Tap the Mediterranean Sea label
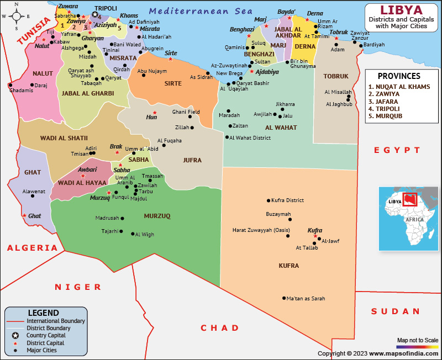[201, 10]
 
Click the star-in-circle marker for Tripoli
[94, 15]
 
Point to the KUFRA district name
[288, 266]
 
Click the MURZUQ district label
[157, 216]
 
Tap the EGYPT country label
[397, 150]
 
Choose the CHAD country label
[220, 328]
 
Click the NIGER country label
[78, 287]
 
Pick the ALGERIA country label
[32, 248]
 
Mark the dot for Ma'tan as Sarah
[283, 299]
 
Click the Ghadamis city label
[21, 90]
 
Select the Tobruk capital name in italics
[338, 32]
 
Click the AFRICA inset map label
[415, 219]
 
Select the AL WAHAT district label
[281, 128]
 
